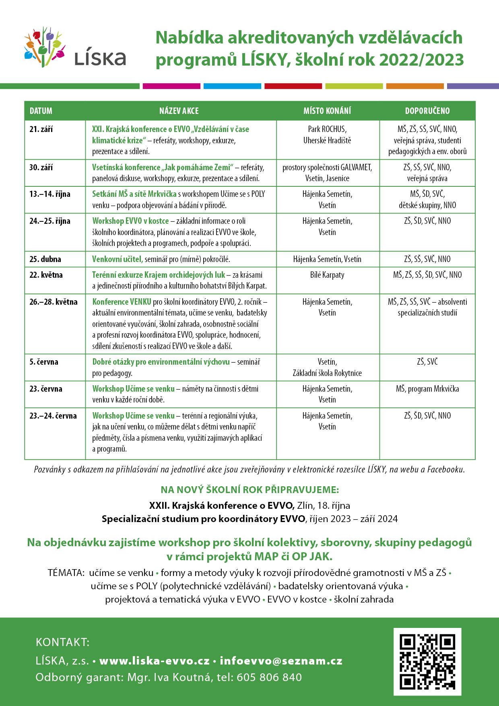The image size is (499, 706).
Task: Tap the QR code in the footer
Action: point(427,662)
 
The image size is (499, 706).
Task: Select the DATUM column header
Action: point(41,111)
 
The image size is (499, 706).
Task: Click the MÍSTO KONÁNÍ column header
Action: point(327,111)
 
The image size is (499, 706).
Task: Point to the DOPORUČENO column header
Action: point(427,111)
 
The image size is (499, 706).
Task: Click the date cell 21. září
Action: point(41,129)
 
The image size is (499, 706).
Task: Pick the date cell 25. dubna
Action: point(45,259)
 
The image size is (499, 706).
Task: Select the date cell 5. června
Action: point(44,362)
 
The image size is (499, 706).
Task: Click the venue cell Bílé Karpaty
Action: point(327,275)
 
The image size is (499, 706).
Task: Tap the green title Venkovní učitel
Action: point(118,259)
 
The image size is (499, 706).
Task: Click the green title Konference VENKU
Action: point(122,302)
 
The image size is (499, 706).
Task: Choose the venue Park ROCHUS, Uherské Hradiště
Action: point(327,135)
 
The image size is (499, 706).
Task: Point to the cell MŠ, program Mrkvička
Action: point(427,389)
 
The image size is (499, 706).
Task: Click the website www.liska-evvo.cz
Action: point(155,661)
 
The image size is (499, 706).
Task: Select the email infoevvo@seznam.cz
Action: point(281,661)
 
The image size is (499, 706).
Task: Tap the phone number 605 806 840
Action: point(269,677)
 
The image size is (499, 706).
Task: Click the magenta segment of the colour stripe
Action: point(171,86)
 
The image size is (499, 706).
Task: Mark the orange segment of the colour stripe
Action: point(415,86)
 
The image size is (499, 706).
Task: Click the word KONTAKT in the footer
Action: point(62,642)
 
